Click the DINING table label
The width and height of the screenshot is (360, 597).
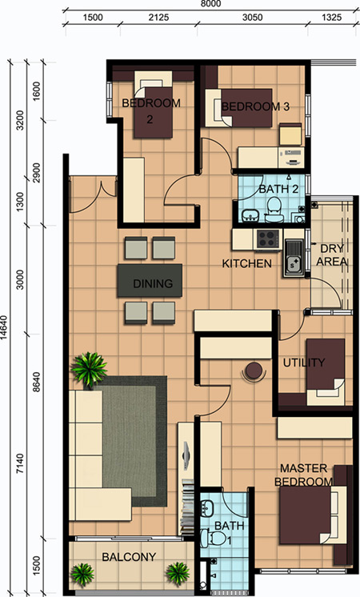[x=153, y=283]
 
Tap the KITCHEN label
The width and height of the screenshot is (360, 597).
[x=247, y=263]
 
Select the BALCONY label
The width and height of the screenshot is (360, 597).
[x=129, y=557]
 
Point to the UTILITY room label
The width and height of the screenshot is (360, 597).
[x=304, y=363]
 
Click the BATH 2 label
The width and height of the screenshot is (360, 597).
[x=278, y=189]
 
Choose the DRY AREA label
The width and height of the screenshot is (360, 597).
[x=332, y=255]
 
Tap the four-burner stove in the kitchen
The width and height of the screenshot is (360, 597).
[x=267, y=239]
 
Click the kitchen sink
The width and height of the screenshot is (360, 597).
[x=294, y=258]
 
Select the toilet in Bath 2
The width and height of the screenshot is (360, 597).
[x=274, y=212]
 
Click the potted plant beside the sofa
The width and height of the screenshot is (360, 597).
[x=89, y=369]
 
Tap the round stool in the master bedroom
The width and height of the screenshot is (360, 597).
[x=254, y=370]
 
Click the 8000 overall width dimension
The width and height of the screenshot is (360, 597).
[x=210, y=4]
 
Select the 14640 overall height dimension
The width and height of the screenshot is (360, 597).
[x=5, y=328]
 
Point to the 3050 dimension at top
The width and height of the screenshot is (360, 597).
[x=252, y=18]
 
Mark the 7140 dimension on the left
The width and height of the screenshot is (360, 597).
[x=20, y=463]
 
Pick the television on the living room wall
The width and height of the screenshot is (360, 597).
[x=186, y=455]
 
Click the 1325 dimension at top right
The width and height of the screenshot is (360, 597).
[x=331, y=18]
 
